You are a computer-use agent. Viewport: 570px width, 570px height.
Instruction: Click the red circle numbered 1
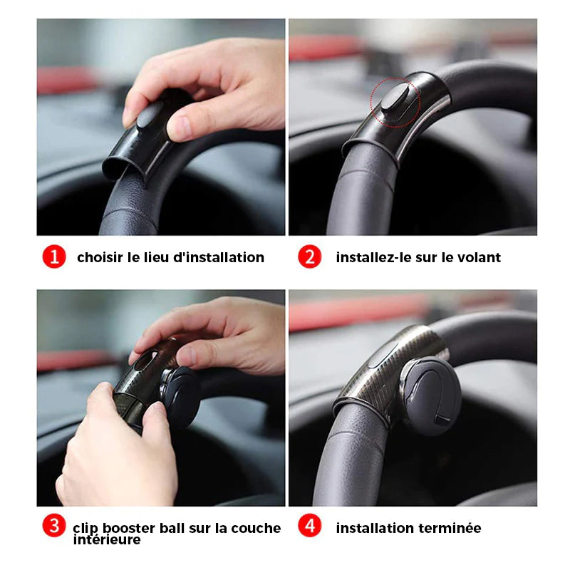(x=54, y=256)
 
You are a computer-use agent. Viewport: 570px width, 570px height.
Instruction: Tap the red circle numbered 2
(x=310, y=256)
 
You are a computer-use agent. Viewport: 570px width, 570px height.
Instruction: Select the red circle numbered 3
(x=54, y=525)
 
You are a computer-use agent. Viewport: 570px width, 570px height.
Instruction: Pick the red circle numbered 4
(x=310, y=525)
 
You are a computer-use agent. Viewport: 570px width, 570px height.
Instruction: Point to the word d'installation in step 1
(x=219, y=257)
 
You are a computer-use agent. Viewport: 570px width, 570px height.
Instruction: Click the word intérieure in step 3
(x=107, y=539)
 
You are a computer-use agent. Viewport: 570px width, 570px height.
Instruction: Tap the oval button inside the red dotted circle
(x=395, y=97)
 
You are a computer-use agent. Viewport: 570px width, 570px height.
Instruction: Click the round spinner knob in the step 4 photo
(x=432, y=396)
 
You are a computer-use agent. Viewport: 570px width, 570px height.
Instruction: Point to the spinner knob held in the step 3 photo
(x=181, y=396)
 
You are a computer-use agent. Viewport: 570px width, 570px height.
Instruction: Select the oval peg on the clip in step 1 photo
(x=150, y=115)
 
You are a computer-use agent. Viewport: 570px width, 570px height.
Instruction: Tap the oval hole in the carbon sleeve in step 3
(x=145, y=361)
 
